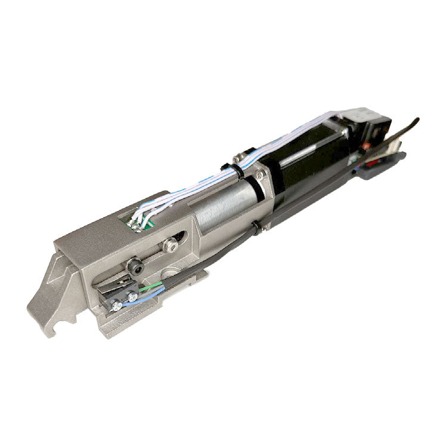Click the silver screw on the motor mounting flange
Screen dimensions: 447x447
[x=260, y=175]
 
